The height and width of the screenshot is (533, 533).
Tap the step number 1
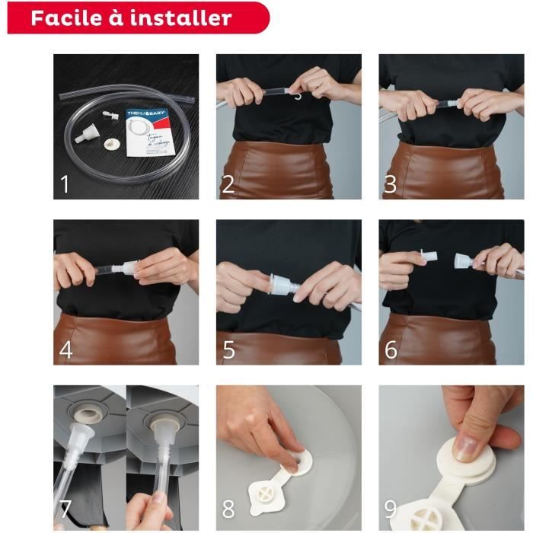[66, 184]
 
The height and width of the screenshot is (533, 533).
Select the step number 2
[228, 184]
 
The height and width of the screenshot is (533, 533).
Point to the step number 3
[391, 184]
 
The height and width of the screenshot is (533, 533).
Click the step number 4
[66, 350]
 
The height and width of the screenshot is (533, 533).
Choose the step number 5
[228, 350]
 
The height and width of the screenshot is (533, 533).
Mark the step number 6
[391, 350]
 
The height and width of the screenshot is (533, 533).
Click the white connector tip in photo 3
[452, 101]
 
